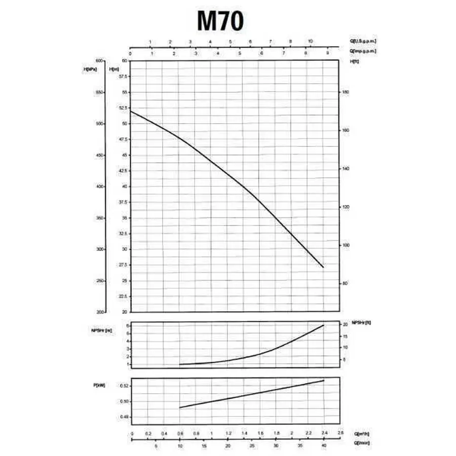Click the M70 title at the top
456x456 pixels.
tap(220, 21)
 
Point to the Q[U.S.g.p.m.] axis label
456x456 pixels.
tap(363, 41)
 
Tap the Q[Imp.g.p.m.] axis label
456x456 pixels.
tap(362, 51)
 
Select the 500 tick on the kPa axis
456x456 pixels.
tap(99, 124)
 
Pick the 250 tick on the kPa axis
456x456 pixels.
tap(99, 281)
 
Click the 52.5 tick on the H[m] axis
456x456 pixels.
tap(123, 108)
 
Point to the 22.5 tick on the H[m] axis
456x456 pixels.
tap(123, 296)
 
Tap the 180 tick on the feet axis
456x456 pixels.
tap(346, 92)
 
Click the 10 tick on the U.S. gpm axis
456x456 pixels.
tap(311, 41)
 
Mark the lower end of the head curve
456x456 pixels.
tap(323, 267)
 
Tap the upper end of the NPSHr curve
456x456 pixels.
tap(324, 325)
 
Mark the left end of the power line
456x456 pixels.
tap(180, 407)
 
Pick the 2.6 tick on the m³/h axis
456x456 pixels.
tap(340, 433)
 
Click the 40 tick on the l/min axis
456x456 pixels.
tap(324, 446)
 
